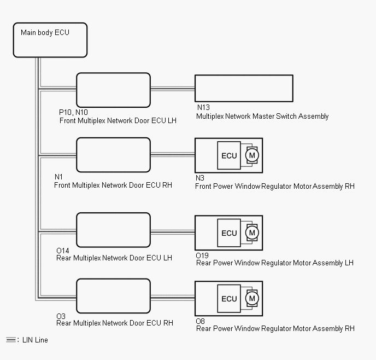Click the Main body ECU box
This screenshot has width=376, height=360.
click(x=50, y=40)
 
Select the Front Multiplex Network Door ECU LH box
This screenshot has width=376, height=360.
click(x=113, y=90)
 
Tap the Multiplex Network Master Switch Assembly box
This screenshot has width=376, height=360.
click(x=244, y=88)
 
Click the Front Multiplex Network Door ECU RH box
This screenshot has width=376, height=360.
click(x=113, y=155)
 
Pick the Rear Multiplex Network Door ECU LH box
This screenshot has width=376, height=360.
click(x=113, y=230)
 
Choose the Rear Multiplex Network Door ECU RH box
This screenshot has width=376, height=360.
click(x=113, y=296)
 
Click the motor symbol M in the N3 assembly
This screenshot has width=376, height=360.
click(x=252, y=155)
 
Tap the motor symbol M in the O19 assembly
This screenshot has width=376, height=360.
click(x=252, y=233)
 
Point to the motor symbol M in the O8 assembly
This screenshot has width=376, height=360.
click(x=252, y=299)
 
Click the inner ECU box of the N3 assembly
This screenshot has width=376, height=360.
click(x=230, y=155)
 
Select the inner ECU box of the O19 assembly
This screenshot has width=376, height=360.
click(x=230, y=233)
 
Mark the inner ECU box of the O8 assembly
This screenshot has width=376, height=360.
click(x=230, y=299)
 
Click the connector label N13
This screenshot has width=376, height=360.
click(x=203, y=108)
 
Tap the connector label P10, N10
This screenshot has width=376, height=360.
click(x=73, y=112)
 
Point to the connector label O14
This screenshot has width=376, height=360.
click(x=63, y=251)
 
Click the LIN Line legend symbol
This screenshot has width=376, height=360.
click(x=11, y=340)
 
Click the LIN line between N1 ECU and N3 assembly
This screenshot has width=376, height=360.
click(x=172, y=155)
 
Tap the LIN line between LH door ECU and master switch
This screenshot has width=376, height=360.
click(x=172, y=88)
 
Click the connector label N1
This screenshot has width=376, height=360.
click(x=58, y=177)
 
